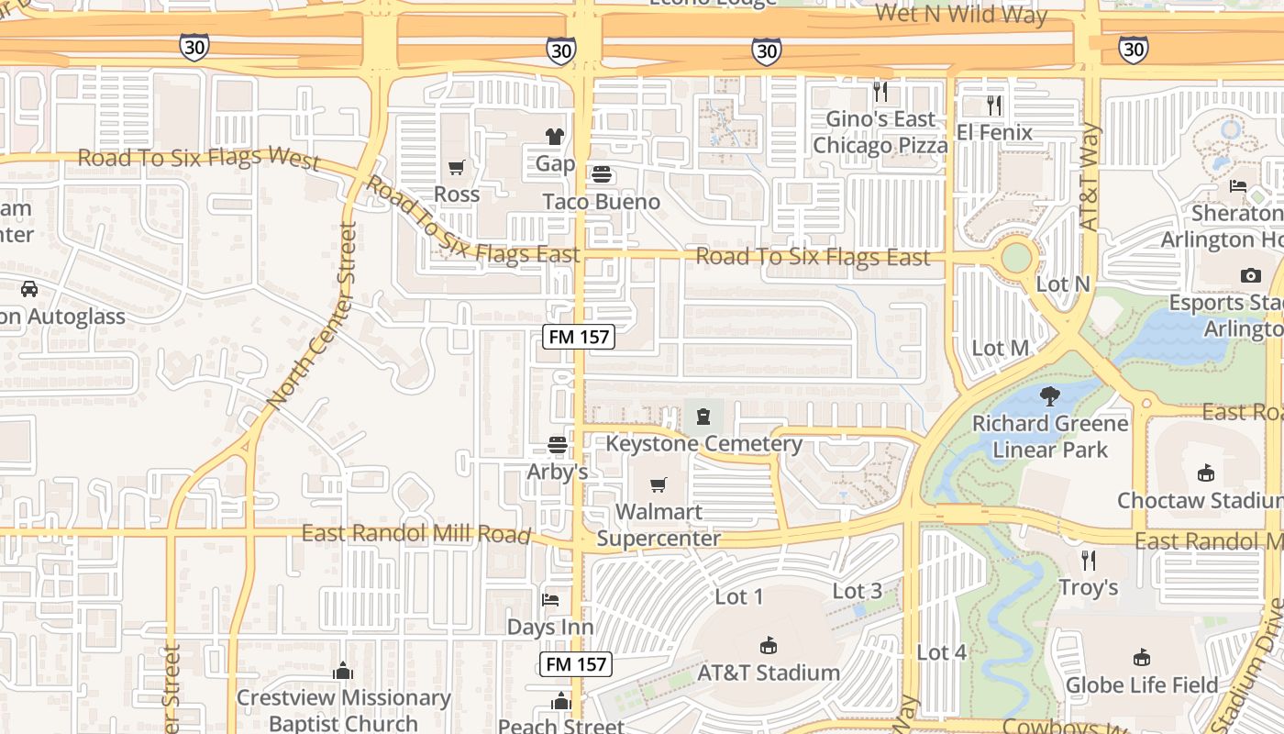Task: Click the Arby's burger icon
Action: tap(557, 445)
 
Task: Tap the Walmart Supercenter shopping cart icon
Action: tap(658, 484)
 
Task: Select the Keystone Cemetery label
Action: tap(703, 444)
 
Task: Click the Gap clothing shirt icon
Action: tap(555, 137)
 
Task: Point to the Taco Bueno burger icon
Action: tap(601, 173)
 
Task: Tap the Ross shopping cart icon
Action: tap(456, 167)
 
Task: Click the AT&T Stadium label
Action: tap(769, 673)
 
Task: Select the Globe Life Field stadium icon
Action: tap(1142, 658)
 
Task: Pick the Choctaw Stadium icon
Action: tap(1205, 473)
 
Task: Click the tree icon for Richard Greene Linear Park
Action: tap(1050, 396)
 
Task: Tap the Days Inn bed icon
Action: tap(550, 600)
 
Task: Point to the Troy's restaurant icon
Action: tap(1089, 560)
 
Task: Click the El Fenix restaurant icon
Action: tap(994, 106)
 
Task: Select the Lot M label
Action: tap(1000, 349)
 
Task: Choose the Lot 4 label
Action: tap(941, 652)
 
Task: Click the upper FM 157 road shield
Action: tap(578, 337)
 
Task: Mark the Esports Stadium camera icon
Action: tap(1250, 275)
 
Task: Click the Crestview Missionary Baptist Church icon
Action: tap(343, 671)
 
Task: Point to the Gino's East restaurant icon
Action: tap(880, 91)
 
